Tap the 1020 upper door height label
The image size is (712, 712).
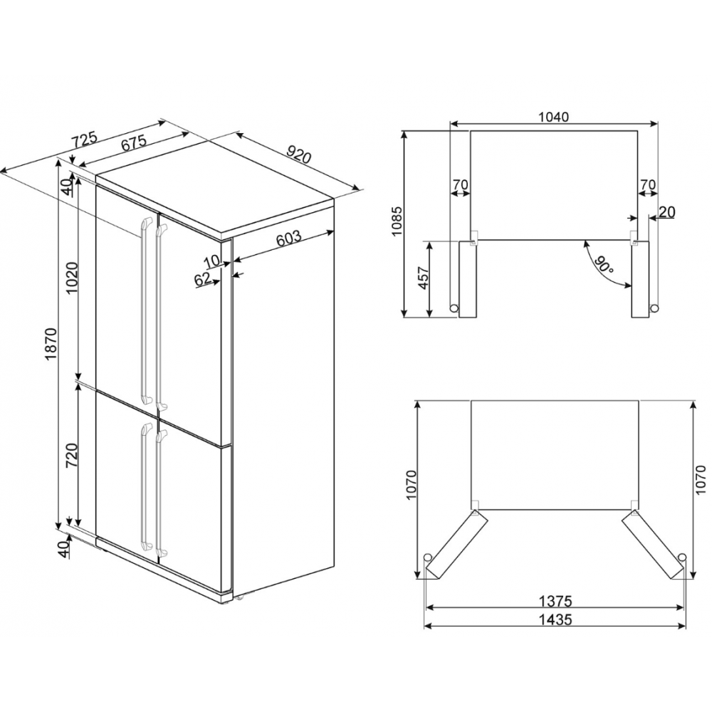pos(72,278)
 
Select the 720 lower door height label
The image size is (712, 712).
pos(72,456)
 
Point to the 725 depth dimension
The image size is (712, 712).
pos(84,139)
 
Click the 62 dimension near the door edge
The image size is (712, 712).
pos(203,279)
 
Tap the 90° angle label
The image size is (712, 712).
pos(604,264)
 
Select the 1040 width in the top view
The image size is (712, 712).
pos(553,117)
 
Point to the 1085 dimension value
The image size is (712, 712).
pos(397,221)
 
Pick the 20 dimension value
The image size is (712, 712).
pos(667,212)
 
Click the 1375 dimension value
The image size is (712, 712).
pos(556,601)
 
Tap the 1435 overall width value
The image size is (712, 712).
pos(556,619)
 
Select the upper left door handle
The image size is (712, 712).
pos(146,310)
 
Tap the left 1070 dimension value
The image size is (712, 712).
pos(412,486)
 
